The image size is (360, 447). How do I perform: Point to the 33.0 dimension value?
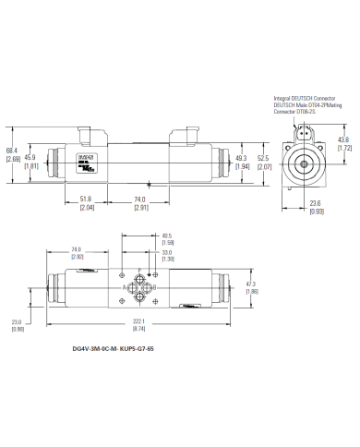click(166, 252)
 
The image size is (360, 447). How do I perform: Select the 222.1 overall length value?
click(139, 321)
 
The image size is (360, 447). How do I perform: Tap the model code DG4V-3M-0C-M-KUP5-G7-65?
click(113, 349)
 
